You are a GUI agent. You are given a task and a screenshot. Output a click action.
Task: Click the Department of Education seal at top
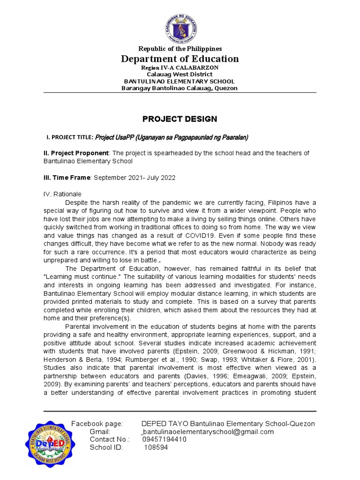(x=180, y=24)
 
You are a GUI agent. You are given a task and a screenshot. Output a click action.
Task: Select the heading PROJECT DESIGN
(x=180, y=119)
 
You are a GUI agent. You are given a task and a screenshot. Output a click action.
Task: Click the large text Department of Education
(x=180, y=59)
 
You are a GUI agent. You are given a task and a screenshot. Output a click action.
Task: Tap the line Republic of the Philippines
(x=180, y=49)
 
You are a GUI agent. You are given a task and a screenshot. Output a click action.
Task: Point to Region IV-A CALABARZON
(x=180, y=67)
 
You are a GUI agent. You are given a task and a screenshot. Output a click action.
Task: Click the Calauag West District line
(x=180, y=74)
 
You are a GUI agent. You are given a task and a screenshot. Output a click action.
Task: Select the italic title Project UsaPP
(x=171, y=137)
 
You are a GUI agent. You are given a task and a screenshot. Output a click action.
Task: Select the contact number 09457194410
(x=164, y=439)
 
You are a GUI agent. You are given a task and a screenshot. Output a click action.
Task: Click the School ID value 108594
(x=155, y=447)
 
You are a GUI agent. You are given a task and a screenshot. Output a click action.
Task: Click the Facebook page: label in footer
(x=97, y=424)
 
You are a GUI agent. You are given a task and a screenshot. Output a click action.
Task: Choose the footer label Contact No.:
(x=108, y=439)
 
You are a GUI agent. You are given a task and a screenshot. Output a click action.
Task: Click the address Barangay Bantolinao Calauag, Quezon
(x=180, y=88)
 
